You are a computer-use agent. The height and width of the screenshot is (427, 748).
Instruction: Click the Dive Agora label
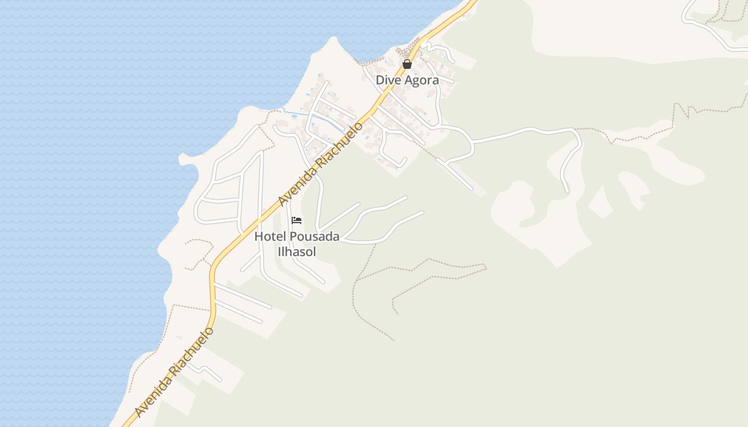tap(407, 80)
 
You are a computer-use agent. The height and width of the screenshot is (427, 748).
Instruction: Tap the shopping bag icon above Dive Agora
tap(407, 65)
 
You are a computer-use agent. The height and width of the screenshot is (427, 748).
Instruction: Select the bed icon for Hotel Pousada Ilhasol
tap(297, 220)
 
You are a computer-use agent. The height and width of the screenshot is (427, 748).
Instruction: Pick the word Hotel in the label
tap(267, 236)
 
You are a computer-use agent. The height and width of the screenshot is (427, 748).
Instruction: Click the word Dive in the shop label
tap(388, 80)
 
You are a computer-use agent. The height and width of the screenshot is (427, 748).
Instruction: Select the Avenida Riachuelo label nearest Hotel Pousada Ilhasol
tap(320, 164)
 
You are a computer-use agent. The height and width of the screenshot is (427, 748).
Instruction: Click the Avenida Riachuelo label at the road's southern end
tap(174, 372)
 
